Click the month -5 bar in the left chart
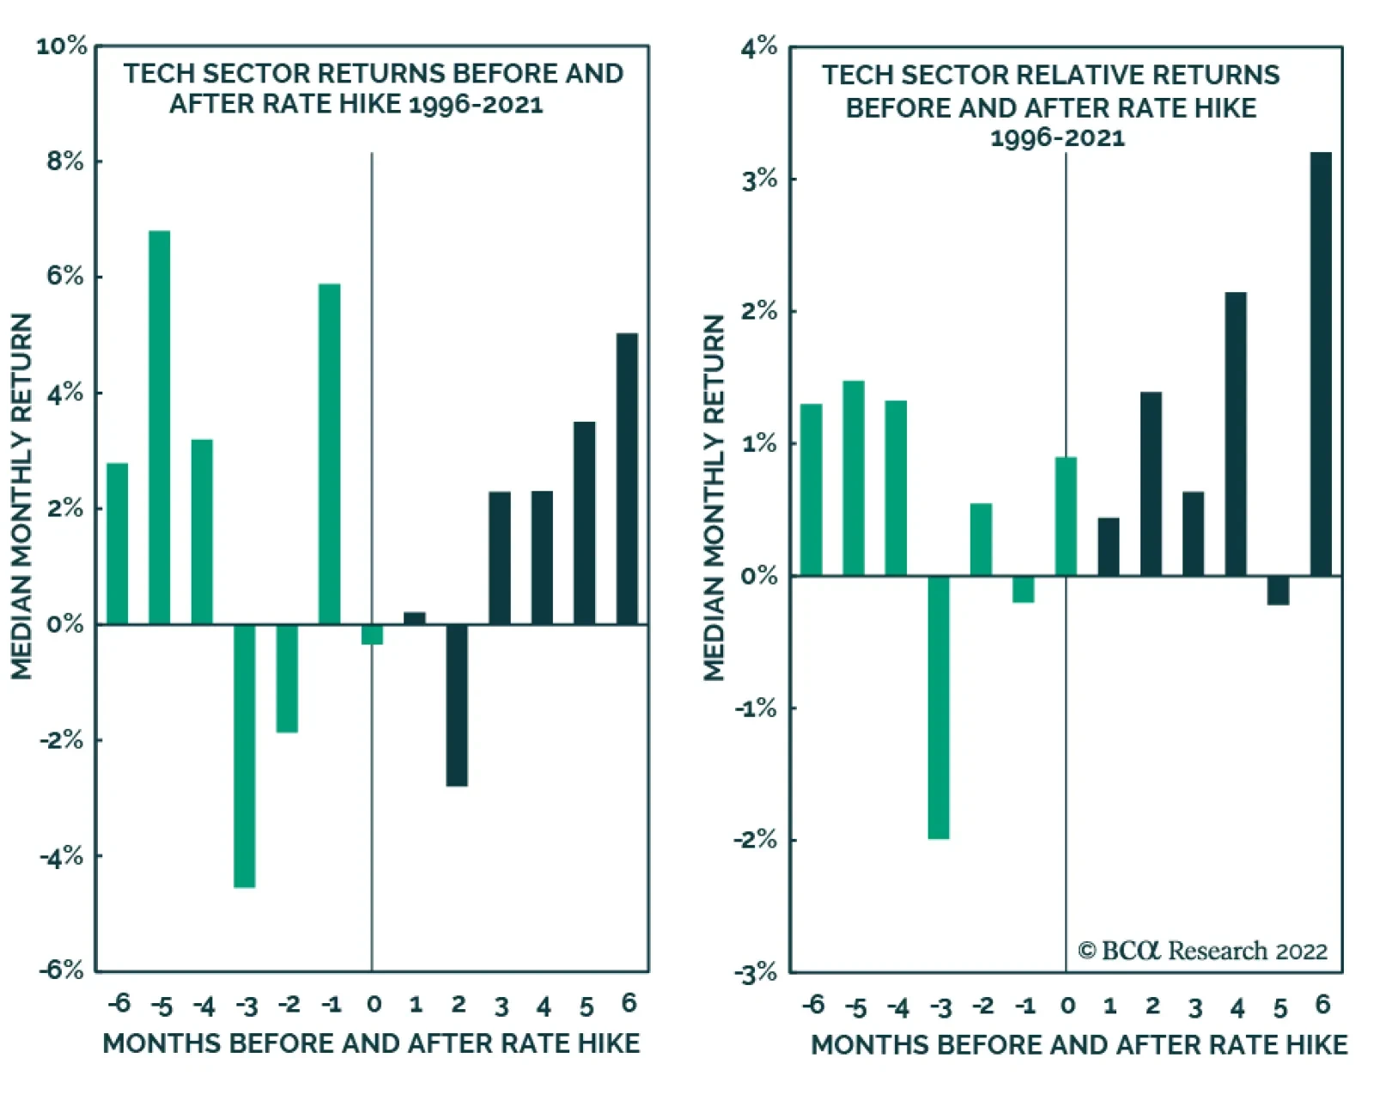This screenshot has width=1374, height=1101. coord(160,427)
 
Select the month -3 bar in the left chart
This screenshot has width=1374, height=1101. coord(245,756)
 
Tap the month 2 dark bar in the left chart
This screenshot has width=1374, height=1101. coord(457,705)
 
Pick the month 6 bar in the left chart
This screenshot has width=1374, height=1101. coord(627,478)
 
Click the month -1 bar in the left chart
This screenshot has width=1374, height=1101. coord(330,454)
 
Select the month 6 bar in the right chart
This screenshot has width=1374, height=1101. coord(1321,364)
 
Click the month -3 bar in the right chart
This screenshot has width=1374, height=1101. coord(939,708)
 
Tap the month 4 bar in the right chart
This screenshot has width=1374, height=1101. coord(1236,435)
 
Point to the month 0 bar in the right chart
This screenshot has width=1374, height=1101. coord(1066,517)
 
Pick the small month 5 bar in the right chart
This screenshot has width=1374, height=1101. coord(1278,590)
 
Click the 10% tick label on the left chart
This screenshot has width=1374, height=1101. coord(62,46)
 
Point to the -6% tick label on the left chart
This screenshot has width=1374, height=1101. coord(62,970)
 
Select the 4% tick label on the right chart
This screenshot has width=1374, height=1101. coord(760,46)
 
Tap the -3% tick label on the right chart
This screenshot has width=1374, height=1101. coord(756,973)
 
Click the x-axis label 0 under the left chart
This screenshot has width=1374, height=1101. coord(374,1005)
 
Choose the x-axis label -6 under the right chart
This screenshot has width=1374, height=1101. coord(813,1005)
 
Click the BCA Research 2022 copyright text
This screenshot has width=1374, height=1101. coord(1203,951)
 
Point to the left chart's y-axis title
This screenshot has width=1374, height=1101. coord(21,496)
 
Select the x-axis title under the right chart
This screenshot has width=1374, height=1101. coord(1079,1045)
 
